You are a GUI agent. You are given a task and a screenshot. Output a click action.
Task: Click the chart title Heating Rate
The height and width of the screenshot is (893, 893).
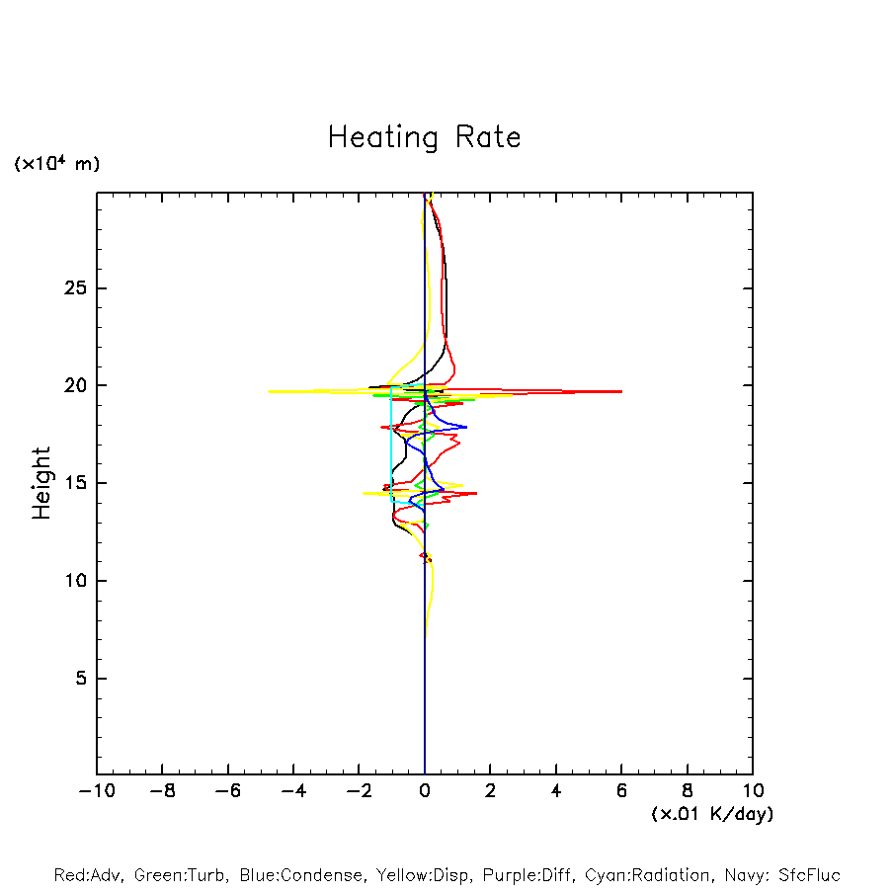[424, 137]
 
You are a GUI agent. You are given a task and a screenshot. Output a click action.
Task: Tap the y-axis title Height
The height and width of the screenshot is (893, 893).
[41, 483]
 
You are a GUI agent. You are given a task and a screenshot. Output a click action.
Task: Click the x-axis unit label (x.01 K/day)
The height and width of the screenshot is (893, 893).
[711, 814]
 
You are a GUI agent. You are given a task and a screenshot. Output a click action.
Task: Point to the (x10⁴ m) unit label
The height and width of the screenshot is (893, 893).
[56, 164]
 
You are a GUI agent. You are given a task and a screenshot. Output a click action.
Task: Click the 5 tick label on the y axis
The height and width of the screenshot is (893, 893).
[80, 679]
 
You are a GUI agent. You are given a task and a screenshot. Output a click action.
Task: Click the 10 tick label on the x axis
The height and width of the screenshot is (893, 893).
[752, 790]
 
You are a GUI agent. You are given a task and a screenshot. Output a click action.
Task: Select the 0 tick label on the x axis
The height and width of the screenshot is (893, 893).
[425, 790]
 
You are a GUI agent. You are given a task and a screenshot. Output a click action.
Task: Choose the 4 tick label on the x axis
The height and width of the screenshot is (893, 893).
[556, 790]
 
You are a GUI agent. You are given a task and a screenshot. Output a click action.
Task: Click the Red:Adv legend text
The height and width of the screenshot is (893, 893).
[88, 875]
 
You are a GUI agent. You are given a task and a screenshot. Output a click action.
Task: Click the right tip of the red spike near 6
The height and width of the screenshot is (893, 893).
[621, 391]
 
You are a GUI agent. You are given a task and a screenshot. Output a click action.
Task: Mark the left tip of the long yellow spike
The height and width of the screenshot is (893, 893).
[269, 391]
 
